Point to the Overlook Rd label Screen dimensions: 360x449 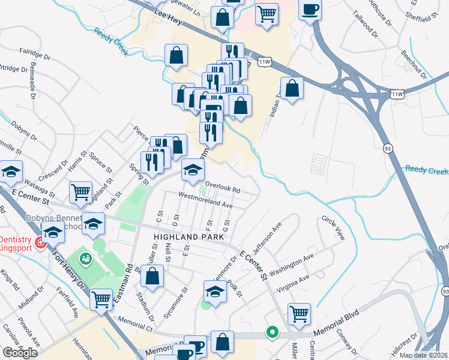pos(223,187)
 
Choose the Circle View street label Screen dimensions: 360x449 pos(334,227)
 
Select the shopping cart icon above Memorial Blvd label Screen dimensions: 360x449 pos(299,313)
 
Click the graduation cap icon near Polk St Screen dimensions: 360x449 pos(215,292)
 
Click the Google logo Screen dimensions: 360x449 pos(20,352)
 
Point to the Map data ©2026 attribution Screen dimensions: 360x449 pos(423,355)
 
